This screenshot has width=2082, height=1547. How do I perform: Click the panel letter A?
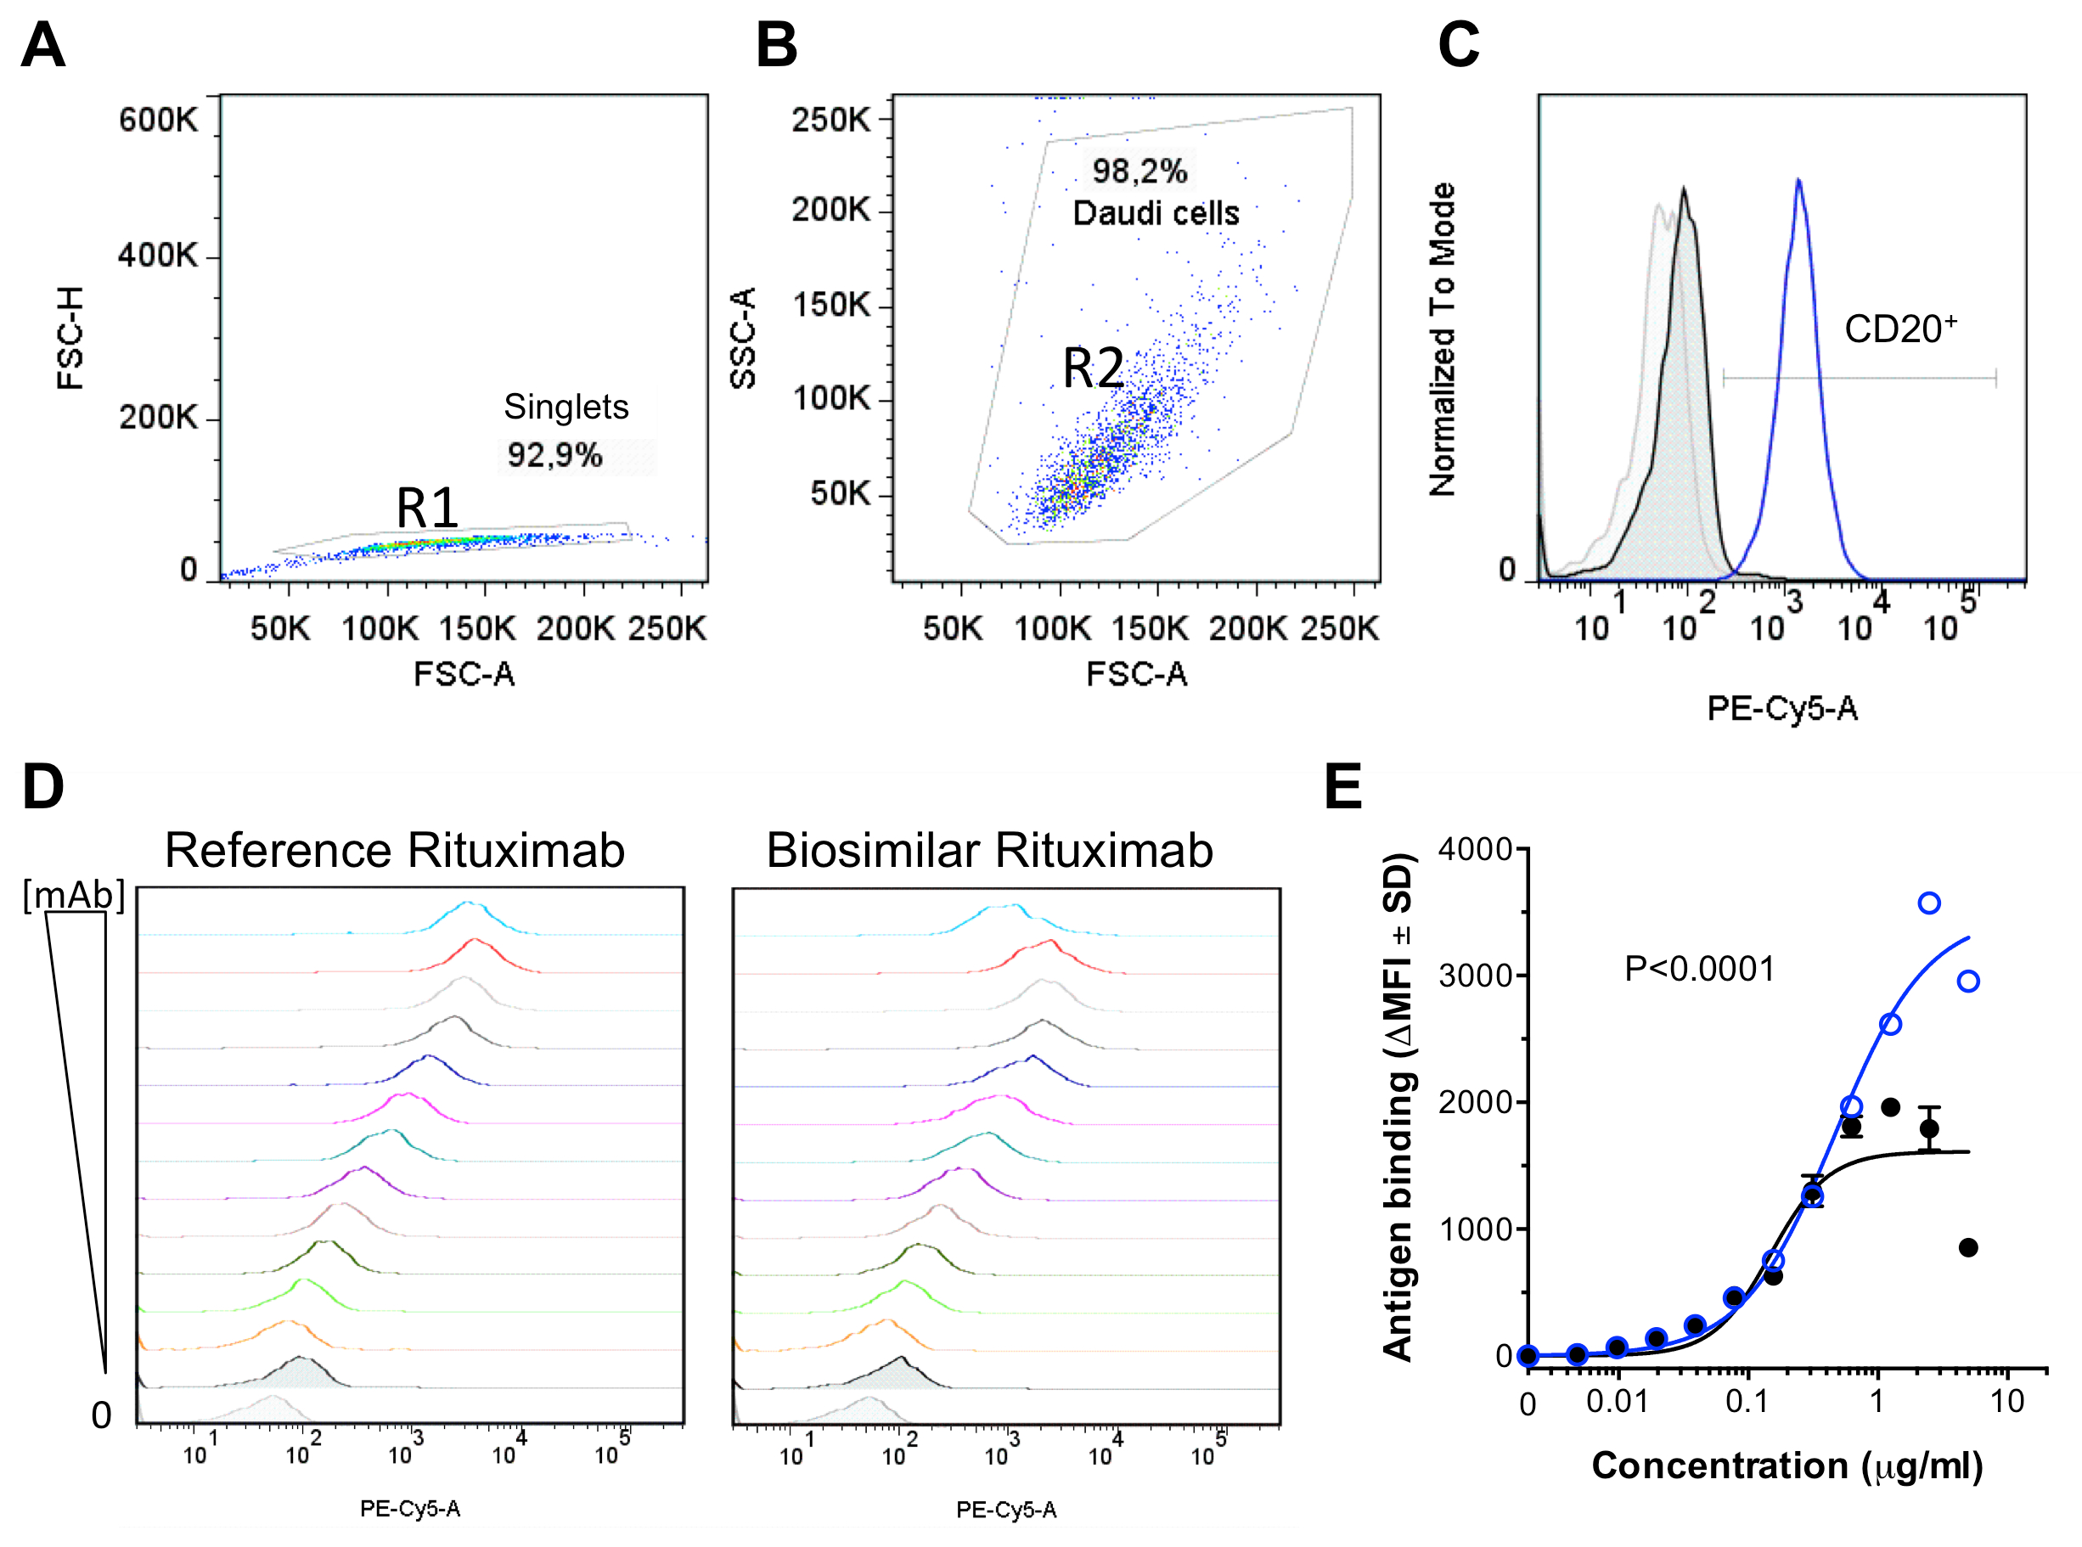coord(43,44)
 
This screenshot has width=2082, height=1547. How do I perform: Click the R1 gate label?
coord(427,509)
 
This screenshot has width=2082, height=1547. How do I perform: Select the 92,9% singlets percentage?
coord(554,456)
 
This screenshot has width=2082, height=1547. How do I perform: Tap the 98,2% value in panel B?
coord(1139,172)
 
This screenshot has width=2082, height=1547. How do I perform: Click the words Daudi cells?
coord(1156,213)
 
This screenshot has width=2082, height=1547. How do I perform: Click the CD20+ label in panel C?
coord(1899,329)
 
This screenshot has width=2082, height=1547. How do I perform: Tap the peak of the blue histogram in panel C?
coord(1798,181)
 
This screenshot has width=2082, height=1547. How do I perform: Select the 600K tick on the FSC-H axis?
coord(158,120)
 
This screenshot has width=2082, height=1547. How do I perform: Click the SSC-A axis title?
coord(743,338)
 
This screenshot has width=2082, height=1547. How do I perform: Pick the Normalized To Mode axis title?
coord(1443,339)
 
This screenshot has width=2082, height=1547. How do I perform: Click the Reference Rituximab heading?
coord(394,850)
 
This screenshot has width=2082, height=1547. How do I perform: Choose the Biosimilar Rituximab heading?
coord(989,850)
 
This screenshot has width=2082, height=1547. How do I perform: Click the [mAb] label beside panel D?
coord(74,895)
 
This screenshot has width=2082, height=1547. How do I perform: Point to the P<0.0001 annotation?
coord(1699,968)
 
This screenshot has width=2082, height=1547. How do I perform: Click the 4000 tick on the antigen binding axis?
coord(1475,849)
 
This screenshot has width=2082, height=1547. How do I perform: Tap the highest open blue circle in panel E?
coord(1928,903)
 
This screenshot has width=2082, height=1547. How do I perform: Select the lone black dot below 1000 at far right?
coord(1967,1247)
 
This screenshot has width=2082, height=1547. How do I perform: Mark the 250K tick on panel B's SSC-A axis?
coord(830,120)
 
